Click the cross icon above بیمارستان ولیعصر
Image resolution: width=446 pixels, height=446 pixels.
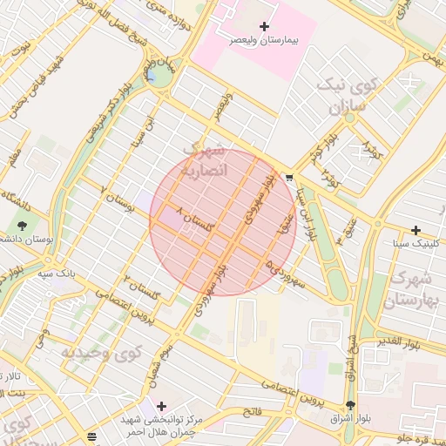pyautogui.click(x=264, y=28)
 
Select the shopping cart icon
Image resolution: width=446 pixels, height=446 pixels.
pyautogui.click(x=288, y=177)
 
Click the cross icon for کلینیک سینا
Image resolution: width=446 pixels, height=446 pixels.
pyautogui.click(x=416, y=231)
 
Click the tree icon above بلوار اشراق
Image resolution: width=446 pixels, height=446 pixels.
pyautogui.click(x=351, y=405)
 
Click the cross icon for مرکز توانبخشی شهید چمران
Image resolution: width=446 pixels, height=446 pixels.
pyautogui.click(x=161, y=406)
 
